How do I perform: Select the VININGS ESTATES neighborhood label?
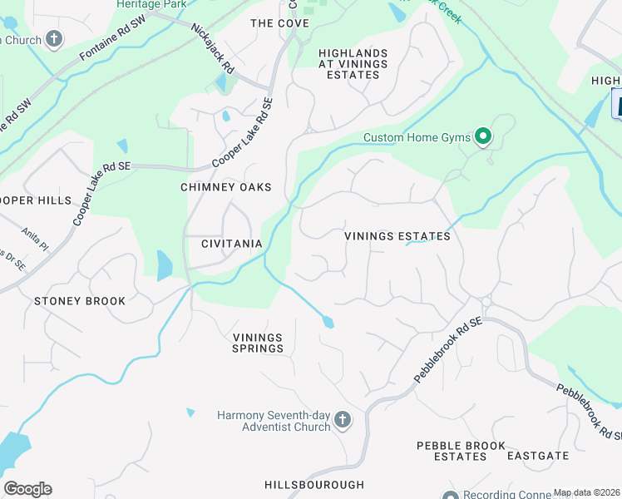pos(397,236)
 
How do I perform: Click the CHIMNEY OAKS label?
pos(226,187)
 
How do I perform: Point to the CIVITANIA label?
pos(232,244)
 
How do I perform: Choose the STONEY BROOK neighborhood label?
pos(80,301)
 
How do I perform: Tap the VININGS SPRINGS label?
pos(258,343)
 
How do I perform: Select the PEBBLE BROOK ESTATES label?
pos(462,451)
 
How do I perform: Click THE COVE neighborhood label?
pos(279,23)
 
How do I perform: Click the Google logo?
pos(27,489)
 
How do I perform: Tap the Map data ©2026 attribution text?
pos(587,493)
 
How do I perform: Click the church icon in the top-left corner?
pos(54,38)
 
